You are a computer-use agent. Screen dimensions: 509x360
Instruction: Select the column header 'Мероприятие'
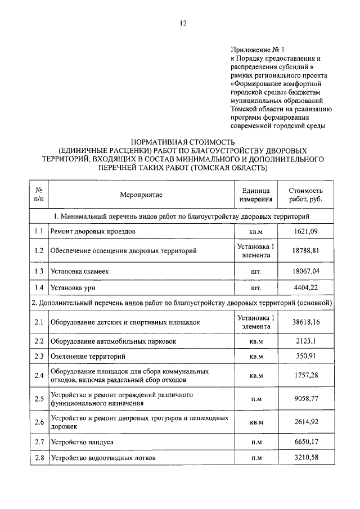coord(141,195)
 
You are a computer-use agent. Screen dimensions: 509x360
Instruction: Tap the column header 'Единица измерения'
coord(256,195)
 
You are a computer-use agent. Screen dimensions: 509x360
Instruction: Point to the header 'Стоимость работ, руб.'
coord(305,195)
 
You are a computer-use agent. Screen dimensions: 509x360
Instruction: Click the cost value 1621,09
coord(305,231)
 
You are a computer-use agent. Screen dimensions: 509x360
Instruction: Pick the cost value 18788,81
coord(305,251)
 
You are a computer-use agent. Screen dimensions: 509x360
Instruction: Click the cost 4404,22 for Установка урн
coord(305,288)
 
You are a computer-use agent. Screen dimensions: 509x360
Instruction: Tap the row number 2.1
coord(39,322)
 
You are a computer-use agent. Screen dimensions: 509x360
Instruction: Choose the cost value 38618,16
coord(305,322)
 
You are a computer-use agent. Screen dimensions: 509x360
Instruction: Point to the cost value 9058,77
coord(305,399)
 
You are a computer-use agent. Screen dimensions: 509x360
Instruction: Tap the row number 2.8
coord(39,458)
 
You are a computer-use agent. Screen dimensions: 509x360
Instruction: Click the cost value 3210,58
coord(305,458)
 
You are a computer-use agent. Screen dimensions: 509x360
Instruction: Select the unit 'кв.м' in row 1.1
coord(256,231)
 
